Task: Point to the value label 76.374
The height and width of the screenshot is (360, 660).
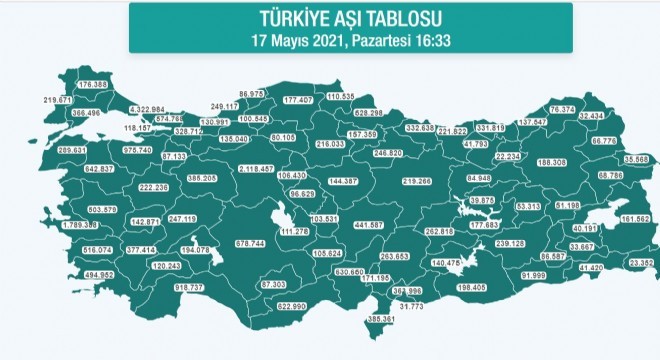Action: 566,108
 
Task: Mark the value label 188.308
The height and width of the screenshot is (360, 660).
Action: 551,162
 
